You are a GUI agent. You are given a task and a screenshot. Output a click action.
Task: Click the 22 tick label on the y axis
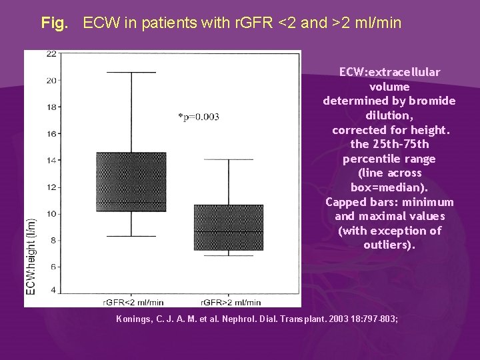click(x=51, y=54)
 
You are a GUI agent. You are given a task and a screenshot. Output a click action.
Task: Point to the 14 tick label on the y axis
click(x=51, y=160)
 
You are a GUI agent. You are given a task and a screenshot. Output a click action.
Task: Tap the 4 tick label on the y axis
click(x=53, y=291)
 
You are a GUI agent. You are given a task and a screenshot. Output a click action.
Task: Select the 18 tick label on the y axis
click(x=51, y=107)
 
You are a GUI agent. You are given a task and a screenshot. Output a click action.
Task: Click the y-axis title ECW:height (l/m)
click(x=31, y=257)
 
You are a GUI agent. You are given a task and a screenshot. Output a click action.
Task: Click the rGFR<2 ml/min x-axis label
click(x=131, y=302)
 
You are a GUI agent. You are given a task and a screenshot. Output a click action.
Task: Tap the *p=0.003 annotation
click(x=199, y=117)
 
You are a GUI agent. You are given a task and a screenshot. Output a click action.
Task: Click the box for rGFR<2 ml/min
click(x=131, y=181)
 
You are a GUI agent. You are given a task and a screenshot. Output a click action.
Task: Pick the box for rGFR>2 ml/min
click(x=228, y=227)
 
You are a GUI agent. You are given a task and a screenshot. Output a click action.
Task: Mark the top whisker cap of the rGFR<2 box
click(x=131, y=72)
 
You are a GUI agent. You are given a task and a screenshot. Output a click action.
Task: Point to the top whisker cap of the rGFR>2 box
click(x=228, y=159)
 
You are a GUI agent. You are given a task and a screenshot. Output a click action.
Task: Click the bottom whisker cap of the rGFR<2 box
click(x=131, y=236)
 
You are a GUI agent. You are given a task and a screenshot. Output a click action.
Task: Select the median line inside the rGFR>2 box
click(x=228, y=232)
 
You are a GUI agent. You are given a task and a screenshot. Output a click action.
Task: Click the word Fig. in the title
click(x=55, y=23)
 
